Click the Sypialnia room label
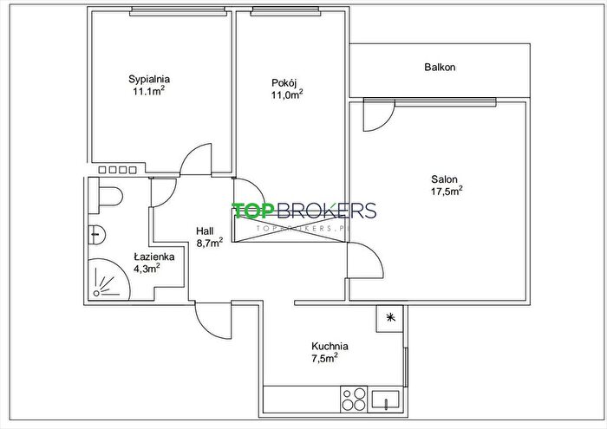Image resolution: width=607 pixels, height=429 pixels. [149, 80]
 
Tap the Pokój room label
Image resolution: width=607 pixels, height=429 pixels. [284, 83]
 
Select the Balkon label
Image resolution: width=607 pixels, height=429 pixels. [440, 67]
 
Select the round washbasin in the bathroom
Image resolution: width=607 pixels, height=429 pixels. [97, 234]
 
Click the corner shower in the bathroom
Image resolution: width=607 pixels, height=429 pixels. [108, 279]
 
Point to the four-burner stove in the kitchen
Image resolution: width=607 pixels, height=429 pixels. [354, 399]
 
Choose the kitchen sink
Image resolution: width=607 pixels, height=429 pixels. [385, 400]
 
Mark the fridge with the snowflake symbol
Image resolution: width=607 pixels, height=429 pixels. [390, 318]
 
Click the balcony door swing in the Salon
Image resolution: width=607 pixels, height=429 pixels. [379, 115]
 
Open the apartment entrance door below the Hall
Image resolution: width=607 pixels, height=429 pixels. [213, 321]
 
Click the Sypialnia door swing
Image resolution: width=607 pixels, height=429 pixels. [196, 159]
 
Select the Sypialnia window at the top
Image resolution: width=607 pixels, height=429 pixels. [178, 12]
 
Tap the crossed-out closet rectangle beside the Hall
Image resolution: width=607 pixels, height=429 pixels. [289, 225]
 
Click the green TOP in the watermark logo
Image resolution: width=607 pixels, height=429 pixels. [251, 211]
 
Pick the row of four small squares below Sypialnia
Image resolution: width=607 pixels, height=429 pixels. [118, 170]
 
